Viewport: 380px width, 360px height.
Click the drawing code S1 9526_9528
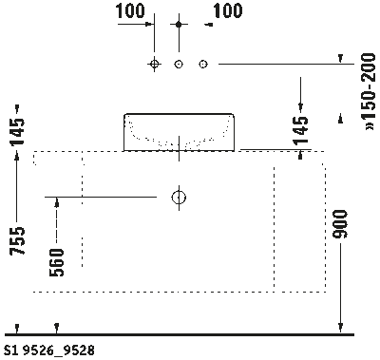pyautogui.click(x=48, y=351)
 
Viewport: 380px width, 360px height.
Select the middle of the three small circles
pyautogui.click(x=178, y=64)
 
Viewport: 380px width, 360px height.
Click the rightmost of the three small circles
pyautogui.click(x=201, y=64)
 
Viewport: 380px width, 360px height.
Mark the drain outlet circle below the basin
pyautogui.click(x=178, y=197)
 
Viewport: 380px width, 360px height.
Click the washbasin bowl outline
pyautogui.click(x=179, y=131)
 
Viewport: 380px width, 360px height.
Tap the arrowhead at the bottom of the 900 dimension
pyautogui.click(x=341, y=328)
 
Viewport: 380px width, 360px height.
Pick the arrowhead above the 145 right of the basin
pyautogui.click(x=303, y=107)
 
